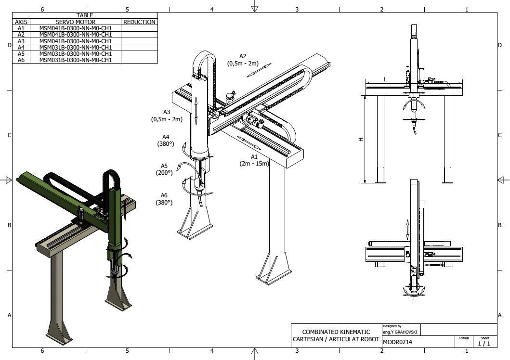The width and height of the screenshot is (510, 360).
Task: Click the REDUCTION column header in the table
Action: click(x=139, y=22)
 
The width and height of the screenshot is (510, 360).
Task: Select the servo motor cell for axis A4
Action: click(x=75, y=47)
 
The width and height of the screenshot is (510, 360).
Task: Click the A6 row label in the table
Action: click(x=21, y=60)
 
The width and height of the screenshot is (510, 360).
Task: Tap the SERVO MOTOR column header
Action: click(x=75, y=22)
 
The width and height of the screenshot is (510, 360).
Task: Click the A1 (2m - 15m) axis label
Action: click(x=254, y=160)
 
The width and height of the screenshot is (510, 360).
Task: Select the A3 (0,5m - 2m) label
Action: click(x=167, y=116)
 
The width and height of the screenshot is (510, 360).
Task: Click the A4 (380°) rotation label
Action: click(x=166, y=140)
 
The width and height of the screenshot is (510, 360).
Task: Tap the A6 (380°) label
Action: click(x=164, y=199)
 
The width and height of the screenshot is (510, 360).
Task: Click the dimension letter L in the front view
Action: click(x=385, y=79)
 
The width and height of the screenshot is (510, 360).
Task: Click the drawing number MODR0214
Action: click(x=397, y=342)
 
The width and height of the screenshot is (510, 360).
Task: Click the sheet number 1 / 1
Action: click(x=484, y=343)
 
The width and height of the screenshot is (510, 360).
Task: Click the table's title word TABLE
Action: click(x=85, y=15)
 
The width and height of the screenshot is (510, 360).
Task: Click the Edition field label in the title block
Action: click(x=463, y=338)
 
